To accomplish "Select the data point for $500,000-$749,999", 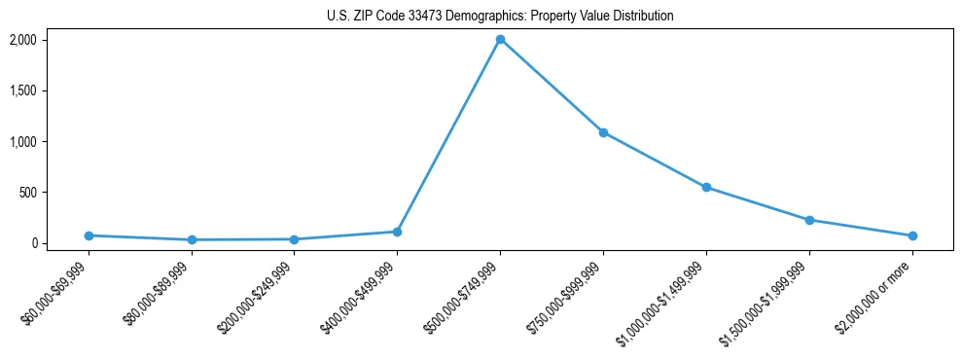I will pos(500,40).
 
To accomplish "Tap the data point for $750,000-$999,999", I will pos(603,132).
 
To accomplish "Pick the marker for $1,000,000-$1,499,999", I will pos(706,187).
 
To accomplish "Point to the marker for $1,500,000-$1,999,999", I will pos(809,220).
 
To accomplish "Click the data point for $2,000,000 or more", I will pos(912,235).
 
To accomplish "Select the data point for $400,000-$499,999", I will pos(397,232).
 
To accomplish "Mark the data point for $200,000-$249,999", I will pos(294,239).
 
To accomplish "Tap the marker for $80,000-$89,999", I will pos(192,239).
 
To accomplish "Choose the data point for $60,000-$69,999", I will pos(89,235).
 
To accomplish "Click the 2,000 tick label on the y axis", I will pos(51,40).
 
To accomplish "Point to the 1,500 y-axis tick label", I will pos(51,90).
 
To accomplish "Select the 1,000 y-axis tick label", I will pos(51,141).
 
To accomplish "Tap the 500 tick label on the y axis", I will pos(55,193).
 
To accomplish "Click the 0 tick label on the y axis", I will pos(62,243).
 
